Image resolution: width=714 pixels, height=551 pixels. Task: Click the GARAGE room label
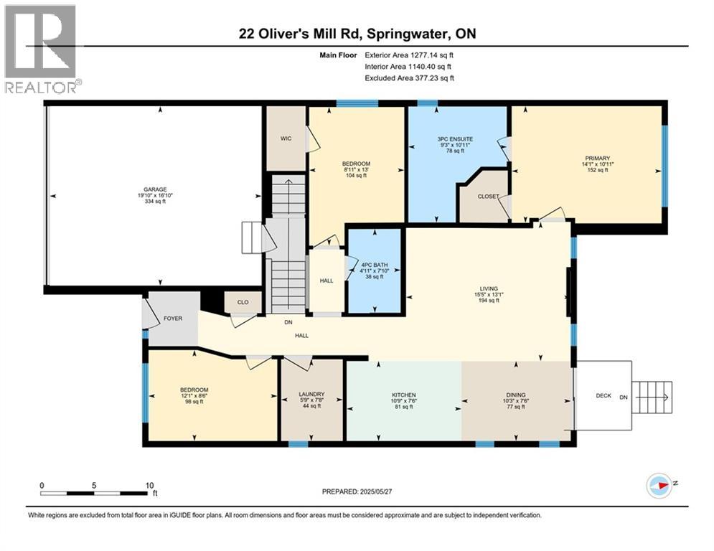click(155, 189)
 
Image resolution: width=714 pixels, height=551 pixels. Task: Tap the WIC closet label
click(286, 138)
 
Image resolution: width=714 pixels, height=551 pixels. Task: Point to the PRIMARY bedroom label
click(598, 159)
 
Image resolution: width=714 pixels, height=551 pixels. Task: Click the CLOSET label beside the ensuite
click(488, 197)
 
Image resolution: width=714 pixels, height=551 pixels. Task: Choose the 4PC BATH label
click(375, 265)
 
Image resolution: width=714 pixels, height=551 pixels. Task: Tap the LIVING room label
click(489, 288)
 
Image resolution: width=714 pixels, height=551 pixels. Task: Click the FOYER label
click(173, 319)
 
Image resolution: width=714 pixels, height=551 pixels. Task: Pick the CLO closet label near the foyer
click(243, 302)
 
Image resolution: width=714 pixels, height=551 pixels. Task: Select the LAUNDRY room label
click(311, 395)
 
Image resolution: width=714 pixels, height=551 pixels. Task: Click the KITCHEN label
click(404, 395)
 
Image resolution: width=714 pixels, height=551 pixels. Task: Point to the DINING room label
click(516, 395)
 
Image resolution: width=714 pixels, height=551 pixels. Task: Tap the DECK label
click(603, 396)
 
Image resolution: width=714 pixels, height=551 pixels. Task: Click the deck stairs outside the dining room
click(652, 397)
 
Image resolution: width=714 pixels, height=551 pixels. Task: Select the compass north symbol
click(659, 486)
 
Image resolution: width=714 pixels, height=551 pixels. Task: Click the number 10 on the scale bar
click(149, 486)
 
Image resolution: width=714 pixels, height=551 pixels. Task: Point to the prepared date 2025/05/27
click(376, 491)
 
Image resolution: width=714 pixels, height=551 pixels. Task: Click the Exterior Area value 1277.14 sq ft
click(432, 55)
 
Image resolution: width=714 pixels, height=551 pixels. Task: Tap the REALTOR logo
click(40, 49)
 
